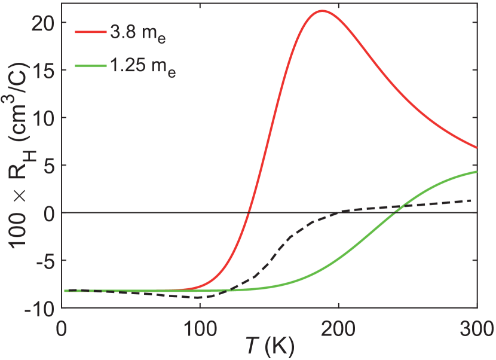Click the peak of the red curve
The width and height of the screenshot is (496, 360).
[x=322, y=11]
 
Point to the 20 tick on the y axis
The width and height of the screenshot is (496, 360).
[x=42, y=22]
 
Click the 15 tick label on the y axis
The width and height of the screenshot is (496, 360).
[x=42, y=70]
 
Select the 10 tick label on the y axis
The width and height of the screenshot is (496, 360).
[x=42, y=118]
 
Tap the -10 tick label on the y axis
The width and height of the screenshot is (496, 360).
[x=39, y=309]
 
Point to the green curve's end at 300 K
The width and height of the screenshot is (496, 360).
[x=477, y=172]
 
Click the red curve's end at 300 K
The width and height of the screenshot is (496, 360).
[x=477, y=147]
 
